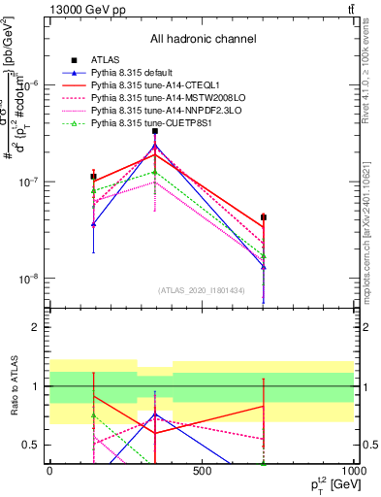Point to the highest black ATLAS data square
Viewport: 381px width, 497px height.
155,131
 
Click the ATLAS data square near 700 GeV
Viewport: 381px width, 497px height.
264,217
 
